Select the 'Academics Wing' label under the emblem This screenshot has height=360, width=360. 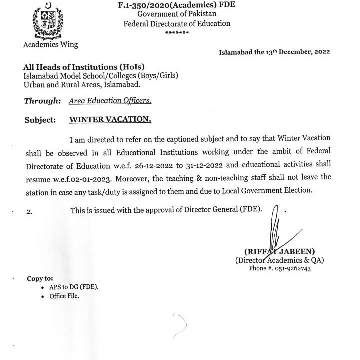pyautogui.click(x=50, y=44)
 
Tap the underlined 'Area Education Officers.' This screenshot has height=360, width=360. pyautogui.click(x=110, y=101)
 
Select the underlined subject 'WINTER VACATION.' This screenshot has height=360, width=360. pyautogui.click(x=110, y=120)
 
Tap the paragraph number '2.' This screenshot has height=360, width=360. pyautogui.click(x=29, y=212)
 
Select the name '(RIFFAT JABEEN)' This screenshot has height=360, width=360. pyautogui.click(x=279, y=251)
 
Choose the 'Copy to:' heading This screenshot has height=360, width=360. pyautogui.click(x=40, y=279)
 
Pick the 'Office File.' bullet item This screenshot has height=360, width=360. pyautogui.click(x=64, y=296)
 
